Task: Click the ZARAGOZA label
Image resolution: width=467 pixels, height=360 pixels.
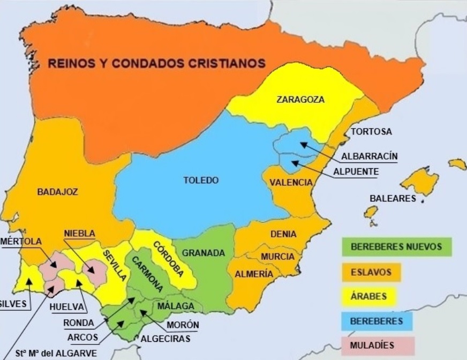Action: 300,99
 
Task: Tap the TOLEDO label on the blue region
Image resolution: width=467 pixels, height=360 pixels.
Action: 201,180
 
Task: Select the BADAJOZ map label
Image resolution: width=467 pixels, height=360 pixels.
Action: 58,191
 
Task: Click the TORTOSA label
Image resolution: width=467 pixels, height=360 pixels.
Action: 371,131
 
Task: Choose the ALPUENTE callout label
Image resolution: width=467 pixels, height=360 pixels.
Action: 356,171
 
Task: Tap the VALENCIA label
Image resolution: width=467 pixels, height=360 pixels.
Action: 291,183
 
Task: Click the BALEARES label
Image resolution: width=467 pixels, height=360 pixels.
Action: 393,198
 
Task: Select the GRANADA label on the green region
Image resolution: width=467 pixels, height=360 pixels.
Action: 203,253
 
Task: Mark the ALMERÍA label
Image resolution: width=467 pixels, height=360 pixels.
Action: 254,274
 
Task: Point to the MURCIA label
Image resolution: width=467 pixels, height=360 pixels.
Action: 277,257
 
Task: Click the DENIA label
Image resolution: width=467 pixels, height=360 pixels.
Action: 283,234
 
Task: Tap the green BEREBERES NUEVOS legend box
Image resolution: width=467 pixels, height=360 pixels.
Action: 397,247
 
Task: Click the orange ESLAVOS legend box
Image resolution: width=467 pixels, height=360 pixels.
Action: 371,272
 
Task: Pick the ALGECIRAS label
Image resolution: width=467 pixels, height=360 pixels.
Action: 164,339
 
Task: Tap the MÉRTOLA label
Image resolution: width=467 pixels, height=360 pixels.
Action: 21,241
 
